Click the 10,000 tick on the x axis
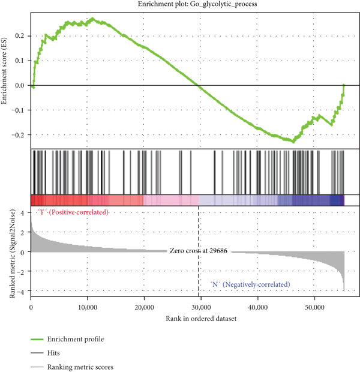click(x=88, y=307)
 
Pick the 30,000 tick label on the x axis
click(x=201, y=307)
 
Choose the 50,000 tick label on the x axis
click(x=314, y=307)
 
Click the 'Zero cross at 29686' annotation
click(x=198, y=252)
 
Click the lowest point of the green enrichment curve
click(x=293, y=142)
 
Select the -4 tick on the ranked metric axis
click(x=20, y=292)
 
